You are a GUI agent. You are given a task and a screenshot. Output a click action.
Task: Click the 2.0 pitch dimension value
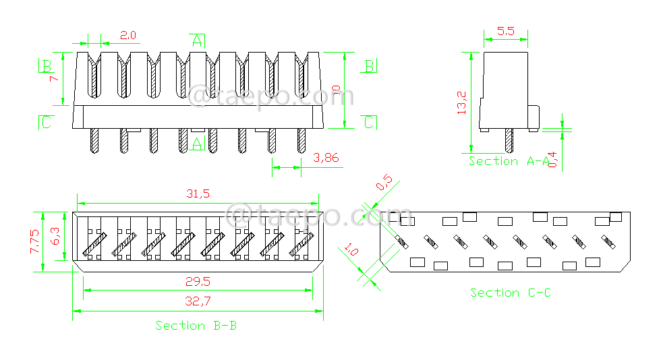point(128,34)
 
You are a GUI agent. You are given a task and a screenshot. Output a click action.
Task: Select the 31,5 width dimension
point(197,193)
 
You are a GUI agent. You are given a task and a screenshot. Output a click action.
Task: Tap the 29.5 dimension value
point(197,281)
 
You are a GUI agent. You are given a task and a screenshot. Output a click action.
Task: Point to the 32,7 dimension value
point(197,302)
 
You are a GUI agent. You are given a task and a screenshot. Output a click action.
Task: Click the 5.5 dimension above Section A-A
point(506,31)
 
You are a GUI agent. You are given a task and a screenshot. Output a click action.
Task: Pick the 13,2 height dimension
point(461,102)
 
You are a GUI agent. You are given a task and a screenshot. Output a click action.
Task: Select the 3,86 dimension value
point(327,158)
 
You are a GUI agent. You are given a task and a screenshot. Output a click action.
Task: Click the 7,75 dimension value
point(36,241)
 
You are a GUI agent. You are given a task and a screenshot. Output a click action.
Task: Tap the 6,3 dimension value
point(56,236)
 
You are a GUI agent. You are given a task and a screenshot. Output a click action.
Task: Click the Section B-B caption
point(196,326)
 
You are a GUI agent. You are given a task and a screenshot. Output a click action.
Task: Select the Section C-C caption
point(510,293)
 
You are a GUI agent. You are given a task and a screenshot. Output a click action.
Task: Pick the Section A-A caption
point(509,161)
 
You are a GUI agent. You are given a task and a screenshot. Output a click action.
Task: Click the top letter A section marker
point(196,40)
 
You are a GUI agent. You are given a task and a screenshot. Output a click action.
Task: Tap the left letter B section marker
point(47,66)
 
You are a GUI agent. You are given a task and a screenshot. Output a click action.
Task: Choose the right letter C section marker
point(369,122)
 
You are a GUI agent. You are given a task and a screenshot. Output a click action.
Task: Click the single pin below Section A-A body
point(509,140)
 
